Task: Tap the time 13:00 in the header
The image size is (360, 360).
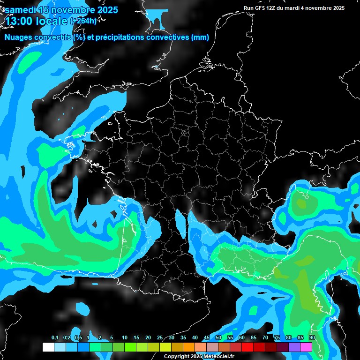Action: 18,21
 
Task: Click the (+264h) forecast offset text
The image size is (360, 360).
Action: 83,21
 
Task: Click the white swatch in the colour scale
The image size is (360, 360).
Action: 48,347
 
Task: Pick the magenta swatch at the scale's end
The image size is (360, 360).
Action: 306,347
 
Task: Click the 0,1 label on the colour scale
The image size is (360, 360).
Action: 55,338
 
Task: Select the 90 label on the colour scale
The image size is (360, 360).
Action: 312,338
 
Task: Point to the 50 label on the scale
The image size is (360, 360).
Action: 218,338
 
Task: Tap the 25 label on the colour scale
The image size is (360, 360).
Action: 160,338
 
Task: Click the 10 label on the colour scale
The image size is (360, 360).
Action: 125,338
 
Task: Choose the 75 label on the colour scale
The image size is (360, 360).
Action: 277,338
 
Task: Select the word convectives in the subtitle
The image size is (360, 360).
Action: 166,37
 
